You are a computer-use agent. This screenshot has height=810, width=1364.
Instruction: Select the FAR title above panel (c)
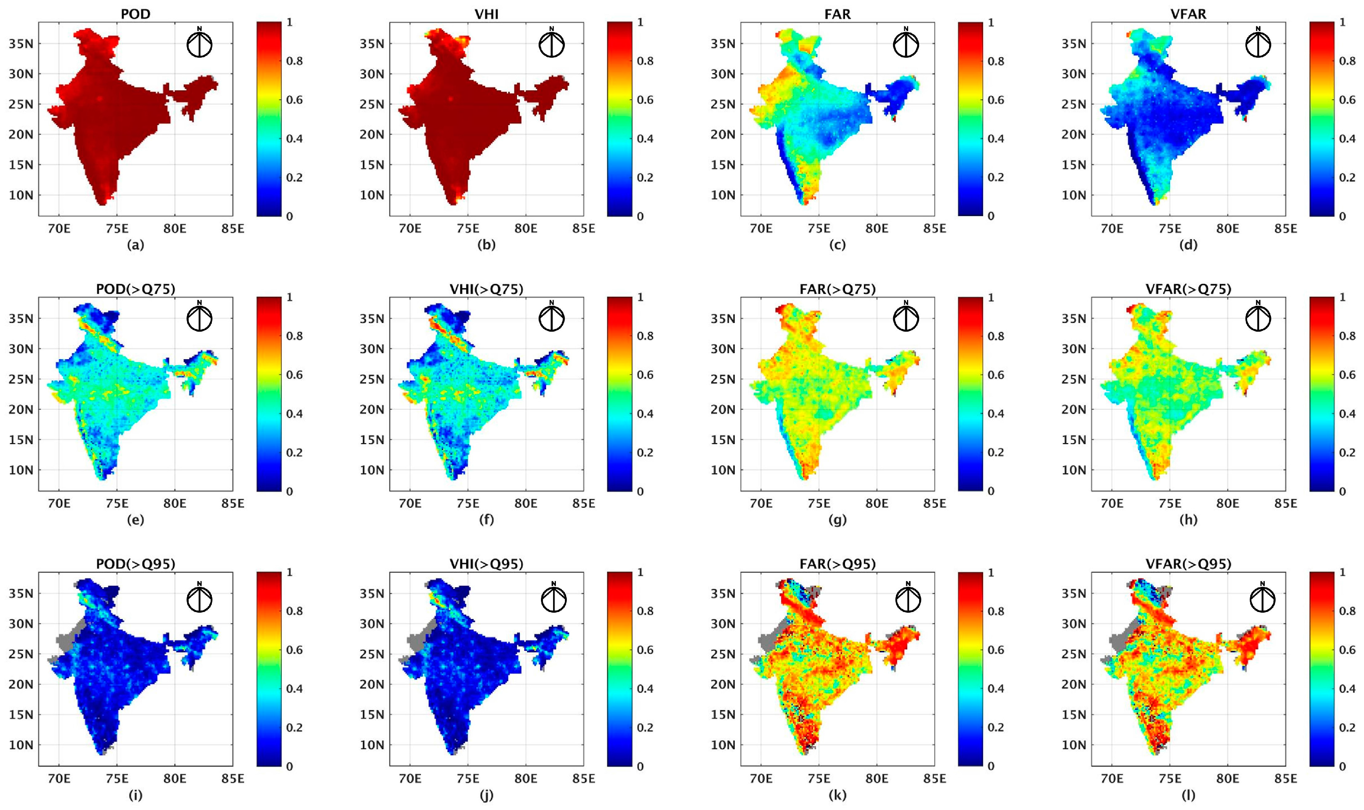(837, 14)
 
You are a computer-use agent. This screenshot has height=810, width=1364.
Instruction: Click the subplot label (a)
(135, 245)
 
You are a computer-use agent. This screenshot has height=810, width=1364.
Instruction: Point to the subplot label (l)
(1188, 795)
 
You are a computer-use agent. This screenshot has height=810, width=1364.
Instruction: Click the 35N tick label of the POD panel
(21, 44)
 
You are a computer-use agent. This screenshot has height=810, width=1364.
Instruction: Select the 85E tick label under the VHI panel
(584, 228)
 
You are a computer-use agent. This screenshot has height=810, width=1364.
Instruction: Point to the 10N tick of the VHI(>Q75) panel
(372, 470)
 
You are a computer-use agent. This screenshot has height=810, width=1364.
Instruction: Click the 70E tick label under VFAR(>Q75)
(1112, 503)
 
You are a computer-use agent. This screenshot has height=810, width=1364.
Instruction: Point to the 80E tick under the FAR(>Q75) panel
(876, 503)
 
